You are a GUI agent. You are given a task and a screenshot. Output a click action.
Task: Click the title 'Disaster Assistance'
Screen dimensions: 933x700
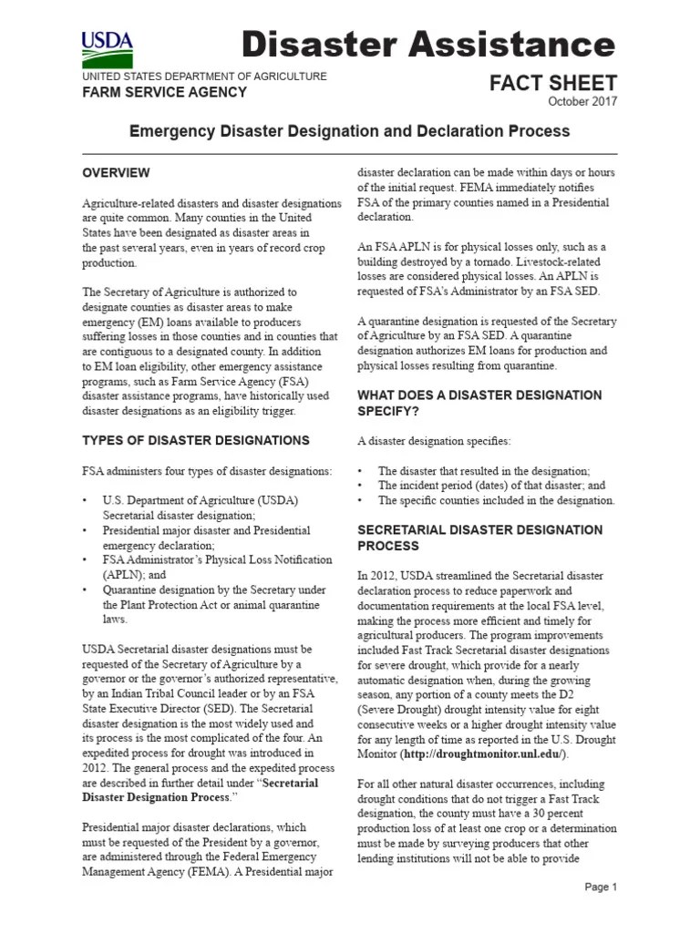[428, 43]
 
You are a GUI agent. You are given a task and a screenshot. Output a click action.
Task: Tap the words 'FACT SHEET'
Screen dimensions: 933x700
[553, 83]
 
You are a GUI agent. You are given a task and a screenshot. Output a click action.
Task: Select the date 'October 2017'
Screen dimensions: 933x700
[582, 102]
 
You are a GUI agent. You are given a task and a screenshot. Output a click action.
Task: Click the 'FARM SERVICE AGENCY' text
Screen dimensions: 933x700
[164, 92]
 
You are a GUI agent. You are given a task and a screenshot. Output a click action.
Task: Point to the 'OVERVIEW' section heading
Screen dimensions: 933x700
[116, 173]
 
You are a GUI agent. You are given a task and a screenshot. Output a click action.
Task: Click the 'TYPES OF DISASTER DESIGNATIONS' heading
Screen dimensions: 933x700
[196, 440]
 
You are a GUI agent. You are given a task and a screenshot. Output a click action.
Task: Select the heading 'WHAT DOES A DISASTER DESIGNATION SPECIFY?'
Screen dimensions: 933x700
[479, 403]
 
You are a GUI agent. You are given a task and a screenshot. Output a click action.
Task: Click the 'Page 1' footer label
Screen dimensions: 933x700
[601, 887]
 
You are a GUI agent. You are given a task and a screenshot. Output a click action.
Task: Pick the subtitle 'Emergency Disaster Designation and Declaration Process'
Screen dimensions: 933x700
[349, 131]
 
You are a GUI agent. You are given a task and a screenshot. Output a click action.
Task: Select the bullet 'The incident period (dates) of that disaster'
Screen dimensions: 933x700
[490, 486]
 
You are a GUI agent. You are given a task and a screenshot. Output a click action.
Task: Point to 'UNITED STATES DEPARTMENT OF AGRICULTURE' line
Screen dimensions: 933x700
[204, 77]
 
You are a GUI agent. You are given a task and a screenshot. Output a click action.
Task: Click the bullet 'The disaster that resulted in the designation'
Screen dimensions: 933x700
[483, 471]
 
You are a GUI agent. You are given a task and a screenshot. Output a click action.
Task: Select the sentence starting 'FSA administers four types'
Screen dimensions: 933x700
[207, 471]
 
